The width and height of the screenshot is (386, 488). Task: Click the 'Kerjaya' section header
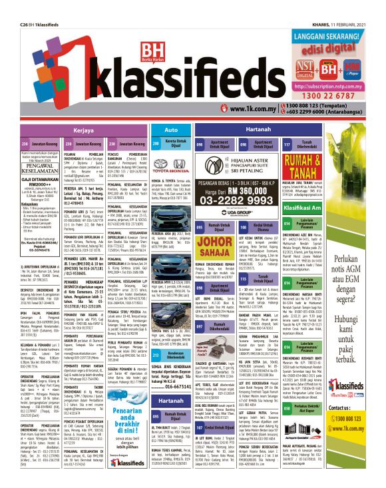83,130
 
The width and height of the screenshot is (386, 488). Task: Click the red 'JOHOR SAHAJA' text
232,242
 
